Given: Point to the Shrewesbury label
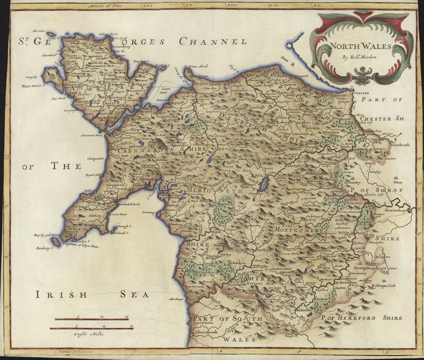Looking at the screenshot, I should (399, 211).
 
